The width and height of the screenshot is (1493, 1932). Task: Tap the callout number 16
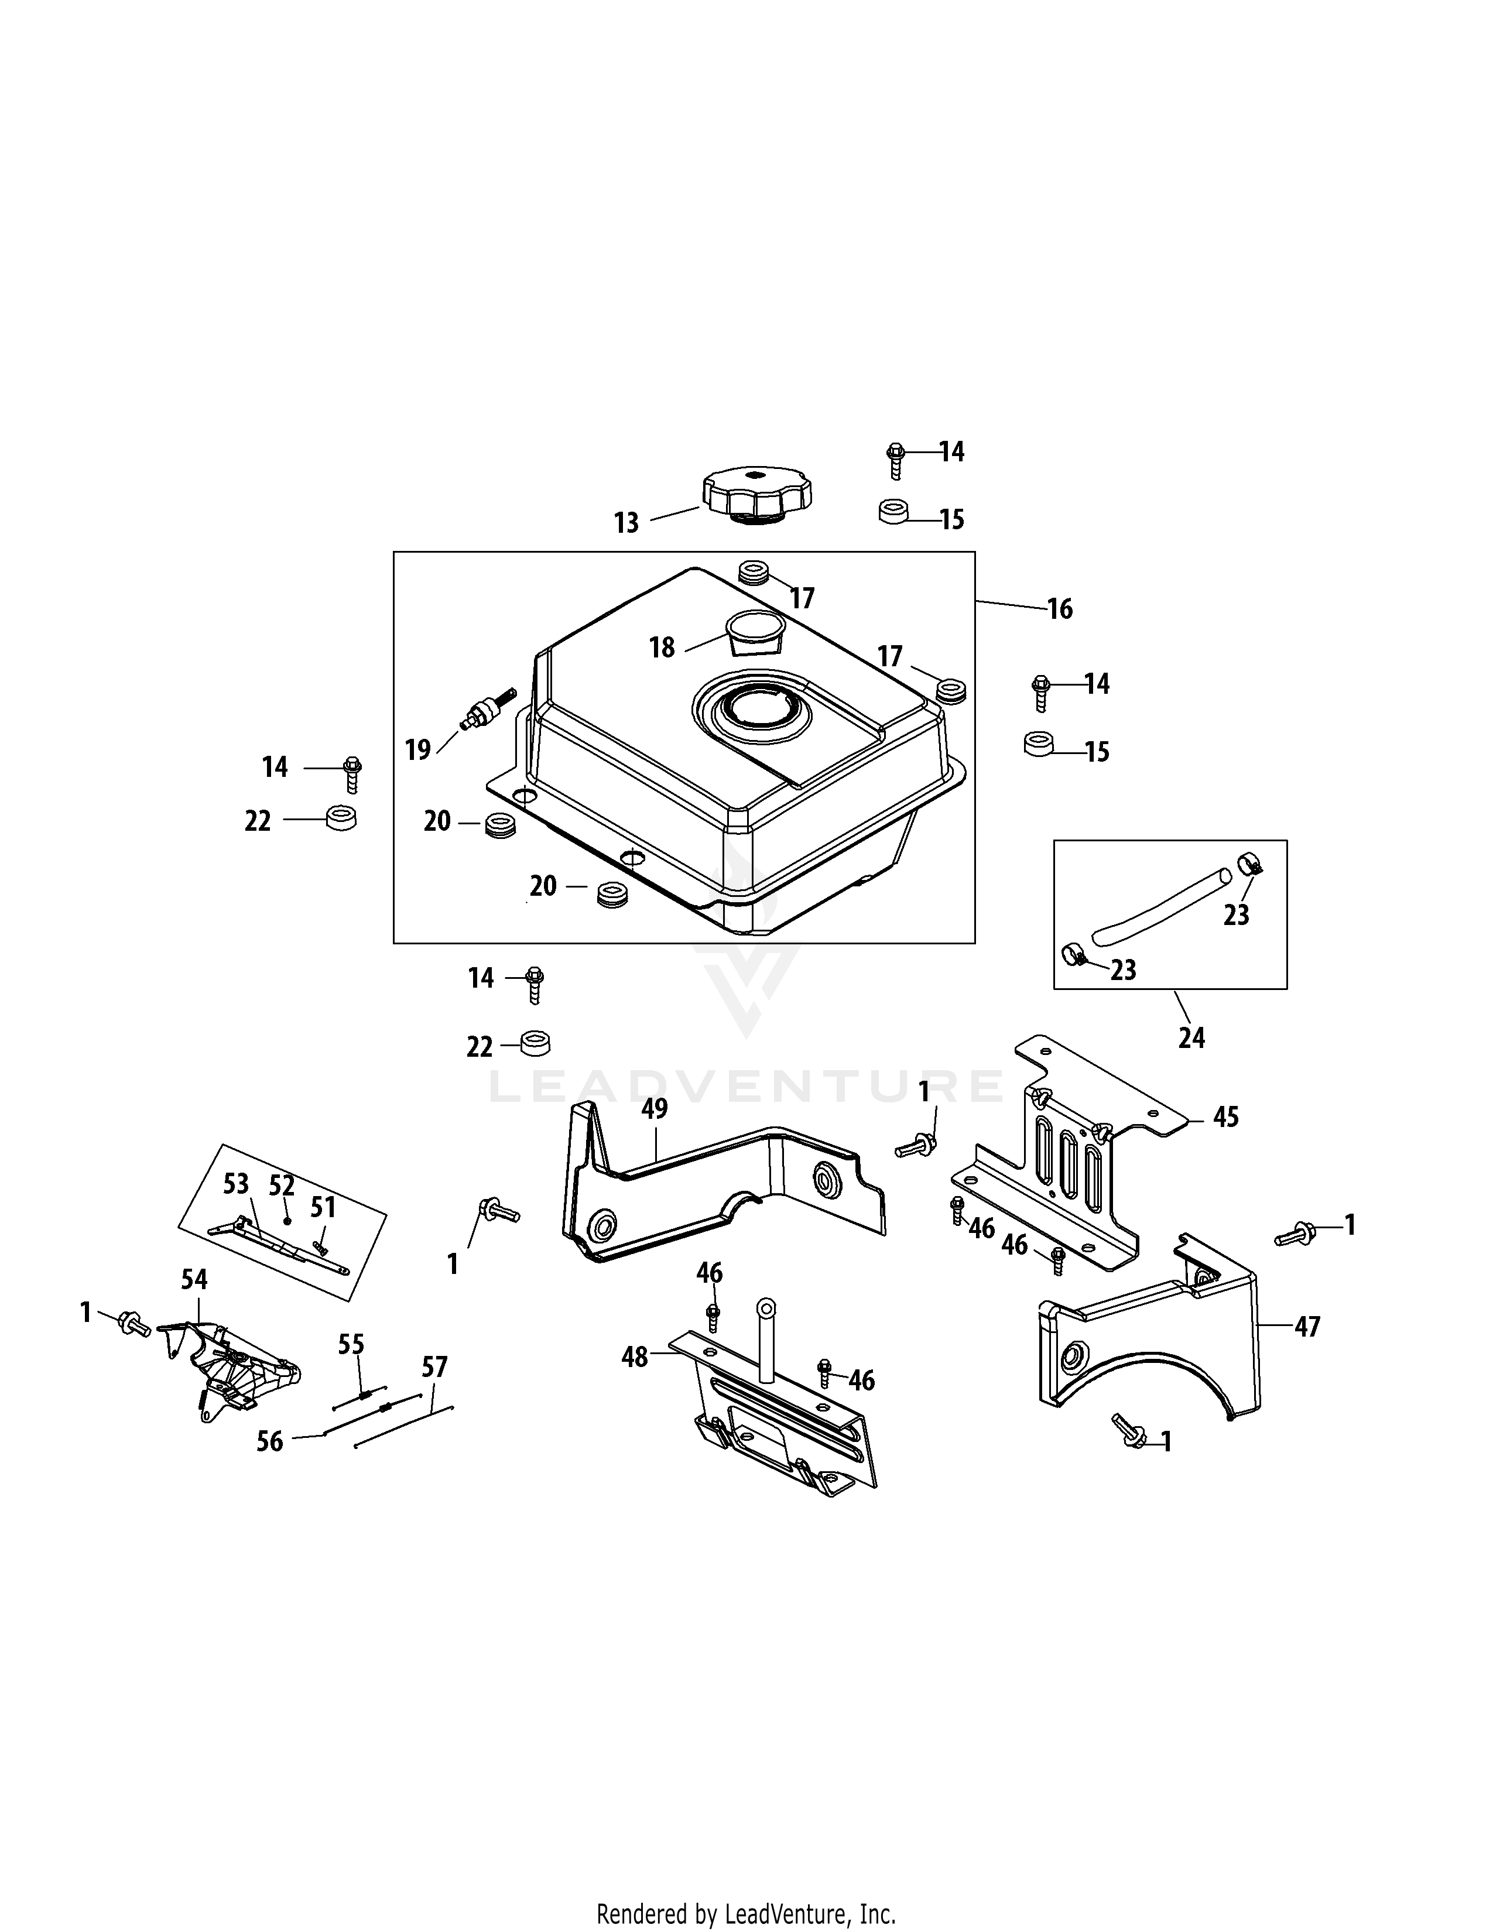(1060, 609)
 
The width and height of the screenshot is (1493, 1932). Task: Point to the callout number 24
(1191, 1037)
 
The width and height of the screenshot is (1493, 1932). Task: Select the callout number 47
(1307, 1352)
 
